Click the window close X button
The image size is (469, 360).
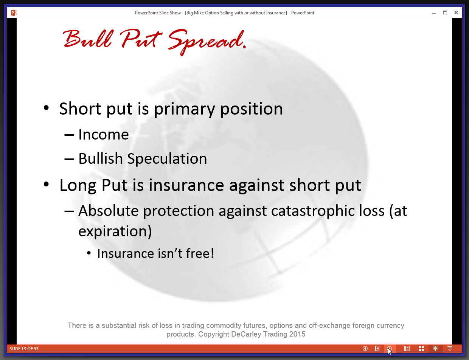coord(456,12)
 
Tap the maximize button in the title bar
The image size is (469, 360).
coord(445,12)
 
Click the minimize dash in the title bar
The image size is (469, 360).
coord(434,13)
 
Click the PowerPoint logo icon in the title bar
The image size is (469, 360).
coord(14,13)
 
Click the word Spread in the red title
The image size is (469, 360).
coord(207,42)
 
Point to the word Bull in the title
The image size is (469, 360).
coord(88,39)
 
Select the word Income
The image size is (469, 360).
coord(103,134)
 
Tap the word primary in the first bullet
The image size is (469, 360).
coord(184,109)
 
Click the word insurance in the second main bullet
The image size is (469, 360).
coord(186,185)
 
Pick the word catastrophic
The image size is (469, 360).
coord(313,211)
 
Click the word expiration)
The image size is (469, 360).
coord(115,231)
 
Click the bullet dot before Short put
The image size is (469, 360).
coord(46,108)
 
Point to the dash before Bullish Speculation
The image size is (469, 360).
coord(69,160)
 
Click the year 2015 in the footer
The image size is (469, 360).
coord(297,334)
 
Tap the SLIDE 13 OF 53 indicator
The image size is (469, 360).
coord(24,349)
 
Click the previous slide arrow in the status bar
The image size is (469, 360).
coord(365,349)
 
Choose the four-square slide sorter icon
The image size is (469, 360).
coord(421,349)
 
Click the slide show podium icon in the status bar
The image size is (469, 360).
coord(450,349)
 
